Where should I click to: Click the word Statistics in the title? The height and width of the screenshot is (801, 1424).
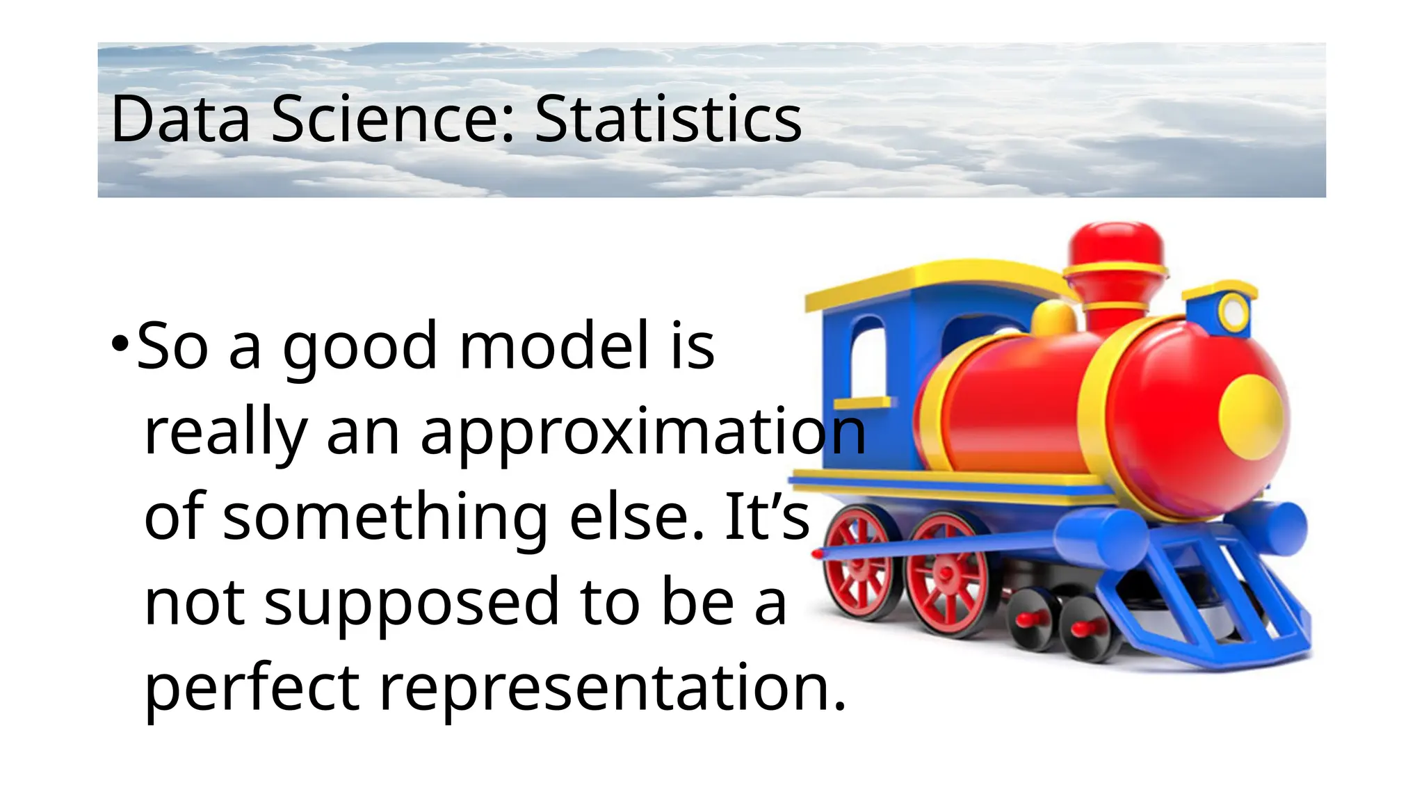(667, 120)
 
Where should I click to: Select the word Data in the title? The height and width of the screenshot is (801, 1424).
(179, 120)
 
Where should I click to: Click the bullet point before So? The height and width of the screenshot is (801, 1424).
(120, 343)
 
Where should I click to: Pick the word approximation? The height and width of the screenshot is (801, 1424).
(643, 432)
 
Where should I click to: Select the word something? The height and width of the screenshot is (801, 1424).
(386, 518)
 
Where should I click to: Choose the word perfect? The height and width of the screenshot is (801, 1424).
(252, 688)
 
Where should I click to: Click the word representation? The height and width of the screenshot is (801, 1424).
(612, 688)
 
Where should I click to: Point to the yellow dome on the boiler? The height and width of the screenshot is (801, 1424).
(1053, 319)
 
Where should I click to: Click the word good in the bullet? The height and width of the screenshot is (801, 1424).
(359, 347)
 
